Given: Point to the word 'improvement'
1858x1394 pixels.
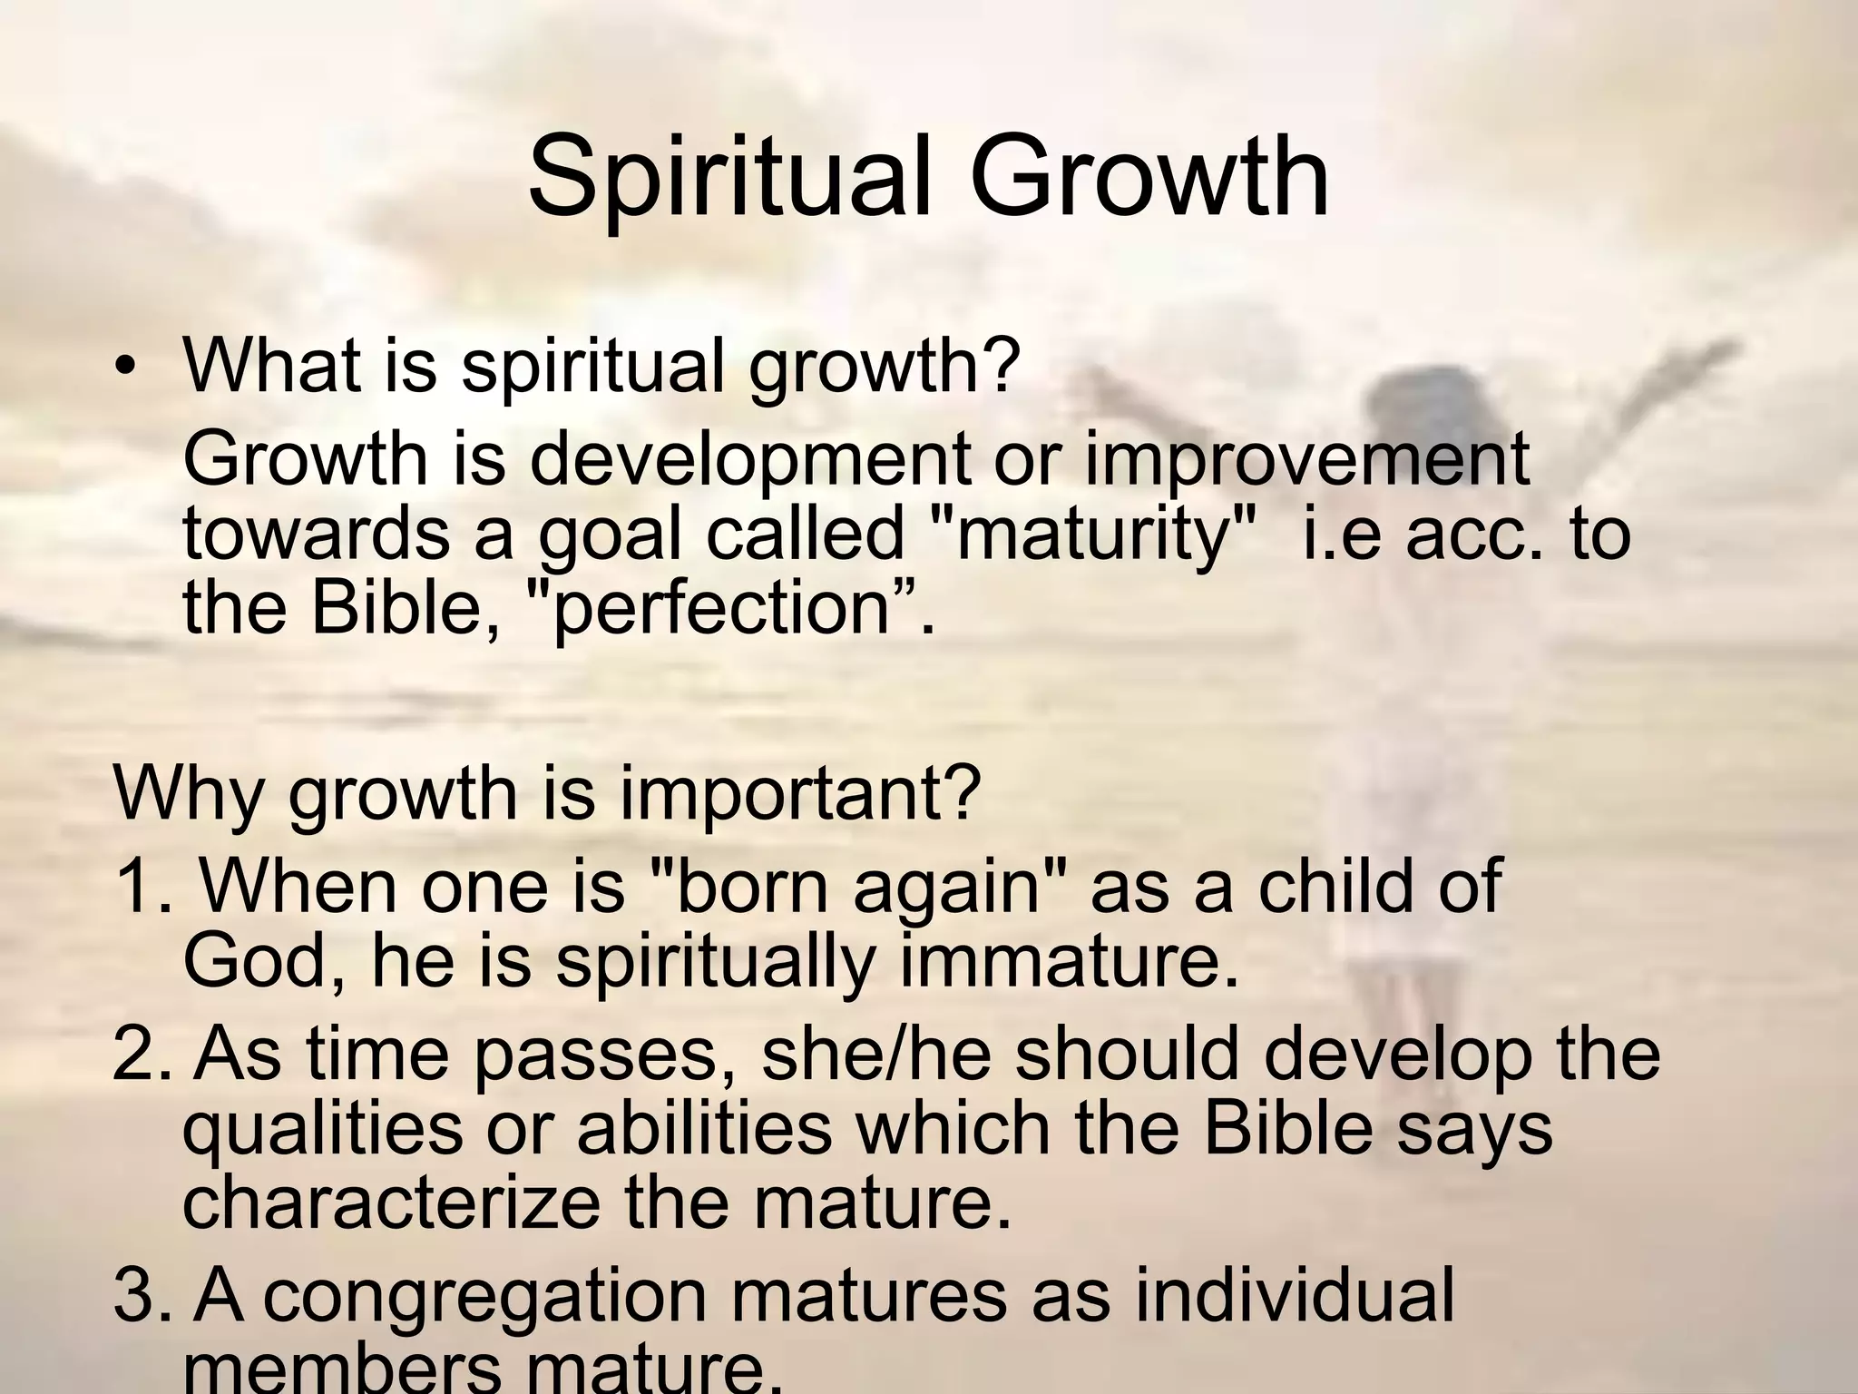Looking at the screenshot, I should click(x=1306, y=460).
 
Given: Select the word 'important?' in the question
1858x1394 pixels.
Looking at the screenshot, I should click(x=797, y=792).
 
